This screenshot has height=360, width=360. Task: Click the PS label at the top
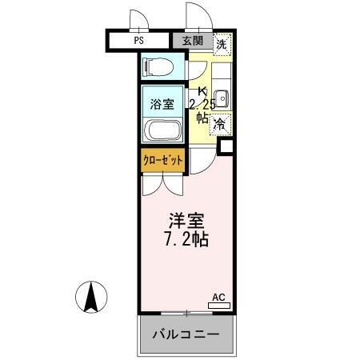click(x=138, y=39)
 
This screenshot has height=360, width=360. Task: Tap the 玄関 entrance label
click(x=192, y=40)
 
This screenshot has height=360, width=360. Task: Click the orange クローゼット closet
click(x=162, y=160)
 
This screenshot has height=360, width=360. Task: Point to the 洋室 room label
click(x=187, y=219)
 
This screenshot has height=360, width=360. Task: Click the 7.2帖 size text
click(x=187, y=239)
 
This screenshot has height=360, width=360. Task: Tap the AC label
click(x=218, y=296)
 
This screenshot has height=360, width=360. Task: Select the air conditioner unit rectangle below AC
click(x=218, y=305)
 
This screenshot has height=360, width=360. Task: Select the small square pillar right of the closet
click(x=226, y=146)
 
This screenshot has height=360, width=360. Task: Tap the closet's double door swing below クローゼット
click(x=163, y=182)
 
